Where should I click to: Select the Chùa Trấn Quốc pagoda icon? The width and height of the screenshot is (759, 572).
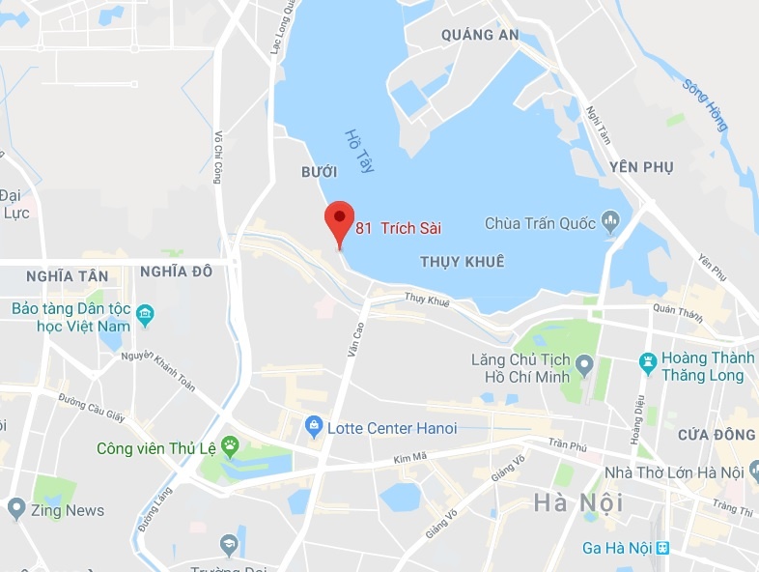(610, 224)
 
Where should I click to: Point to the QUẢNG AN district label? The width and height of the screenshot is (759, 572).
(480, 35)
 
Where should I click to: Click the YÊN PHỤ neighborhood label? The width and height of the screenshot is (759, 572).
(641, 167)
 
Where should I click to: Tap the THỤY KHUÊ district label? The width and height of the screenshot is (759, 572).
(463, 262)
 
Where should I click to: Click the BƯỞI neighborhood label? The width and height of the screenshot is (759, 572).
(320, 172)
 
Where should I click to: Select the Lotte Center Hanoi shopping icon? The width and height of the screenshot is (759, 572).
(313, 426)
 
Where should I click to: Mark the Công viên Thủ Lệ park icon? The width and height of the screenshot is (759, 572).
(230, 446)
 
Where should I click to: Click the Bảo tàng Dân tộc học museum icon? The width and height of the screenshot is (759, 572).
(145, 313)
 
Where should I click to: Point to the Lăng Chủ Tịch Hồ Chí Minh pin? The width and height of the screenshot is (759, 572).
(583, 366)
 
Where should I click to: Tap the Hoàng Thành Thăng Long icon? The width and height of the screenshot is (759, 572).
(648, 363)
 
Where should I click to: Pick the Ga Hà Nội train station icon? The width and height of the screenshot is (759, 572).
(662, 548)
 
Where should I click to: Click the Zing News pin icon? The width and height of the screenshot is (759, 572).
(15, 508)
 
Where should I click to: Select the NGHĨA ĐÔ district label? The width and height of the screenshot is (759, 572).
(176, 272)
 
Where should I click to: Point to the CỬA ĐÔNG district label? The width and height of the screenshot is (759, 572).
(716, 435)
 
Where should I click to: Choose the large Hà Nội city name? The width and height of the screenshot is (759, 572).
(577, 502)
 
